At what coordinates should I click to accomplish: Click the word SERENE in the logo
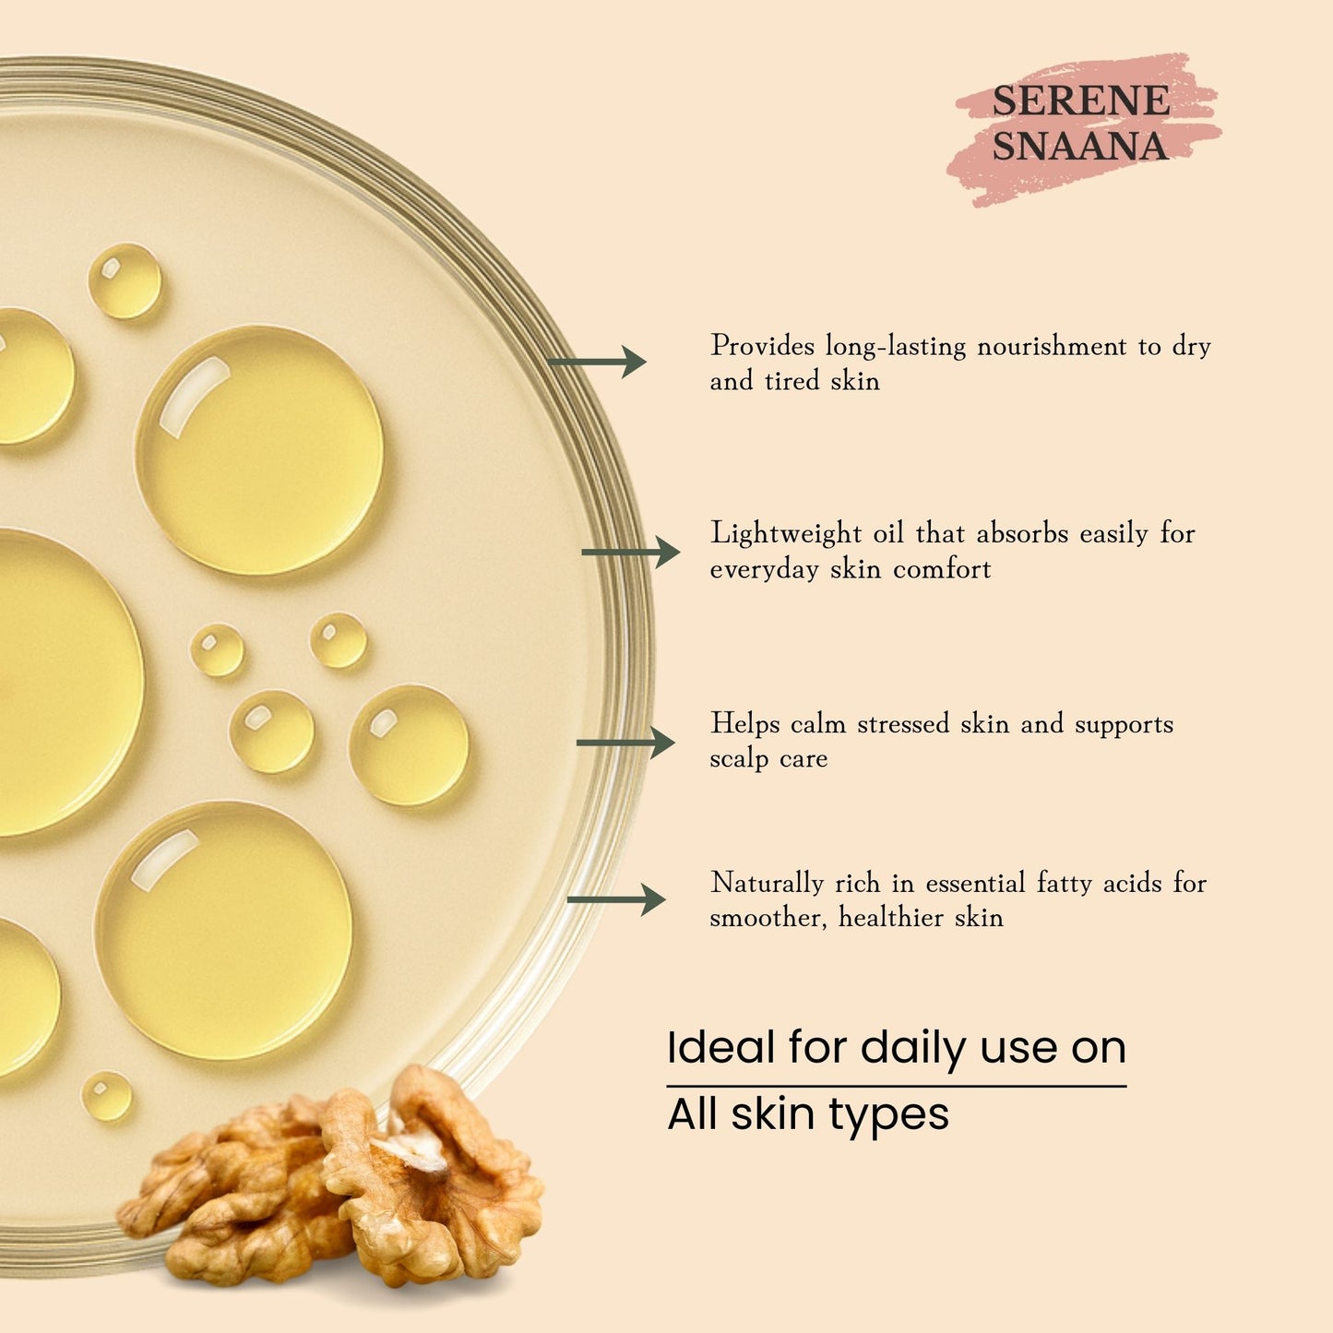coord(1080,101)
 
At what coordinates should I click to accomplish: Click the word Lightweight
coord(785,534)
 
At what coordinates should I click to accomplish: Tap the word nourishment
coord(1051,347)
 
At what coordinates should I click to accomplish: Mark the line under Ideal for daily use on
coord(896,1087)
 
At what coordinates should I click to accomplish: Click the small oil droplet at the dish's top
coord(125,280)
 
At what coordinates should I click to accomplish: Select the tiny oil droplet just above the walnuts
coord(107,1096)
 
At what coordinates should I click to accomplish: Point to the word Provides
coord(762,347)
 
